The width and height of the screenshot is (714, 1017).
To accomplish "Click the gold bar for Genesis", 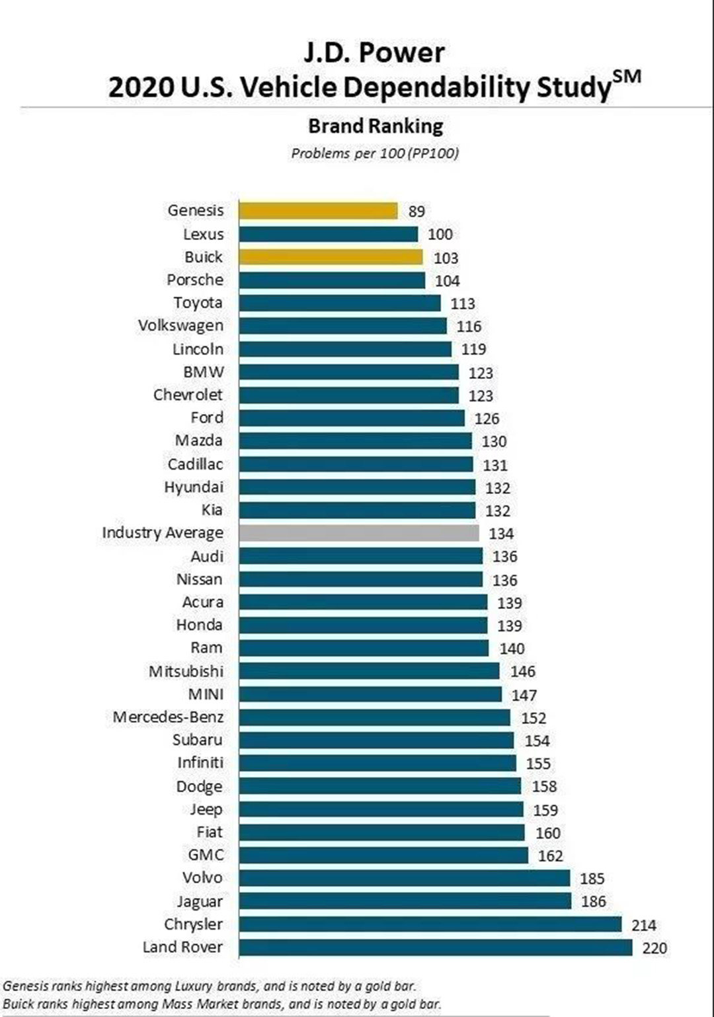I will click(x=318, y=211).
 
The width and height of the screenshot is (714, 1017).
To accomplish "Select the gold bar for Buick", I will click(x=331, y=257).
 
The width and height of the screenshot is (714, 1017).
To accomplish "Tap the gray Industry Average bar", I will click(x=359, y=533).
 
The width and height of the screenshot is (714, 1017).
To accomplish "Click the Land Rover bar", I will click(x=435, y=948).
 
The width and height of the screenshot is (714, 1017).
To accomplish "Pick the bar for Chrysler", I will click(x=430, y=924).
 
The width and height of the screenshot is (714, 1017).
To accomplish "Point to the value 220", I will click(x=654, y=948).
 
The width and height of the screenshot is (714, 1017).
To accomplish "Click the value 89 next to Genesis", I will click(x=416, y=212).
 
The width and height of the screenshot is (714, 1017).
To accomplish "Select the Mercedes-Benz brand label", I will click(x=168, y=717).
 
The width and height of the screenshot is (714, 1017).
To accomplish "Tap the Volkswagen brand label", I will click(x=180, y=326).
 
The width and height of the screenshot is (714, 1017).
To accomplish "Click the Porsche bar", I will click(x=332, y=280).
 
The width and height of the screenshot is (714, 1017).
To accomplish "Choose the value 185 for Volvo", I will click(x=592, y=879).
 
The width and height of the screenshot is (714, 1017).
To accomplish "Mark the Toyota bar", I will click(x=339, y=304).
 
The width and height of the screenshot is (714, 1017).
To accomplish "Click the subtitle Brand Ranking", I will click(x=376, y=126).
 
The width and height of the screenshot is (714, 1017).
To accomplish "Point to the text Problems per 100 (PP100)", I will click(x=375, y=153).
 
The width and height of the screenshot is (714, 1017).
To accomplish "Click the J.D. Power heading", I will click(x=374, y=53).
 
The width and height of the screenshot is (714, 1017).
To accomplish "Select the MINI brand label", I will click(x=206, y=694).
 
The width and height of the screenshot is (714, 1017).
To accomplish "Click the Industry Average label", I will click(x=163, y=533).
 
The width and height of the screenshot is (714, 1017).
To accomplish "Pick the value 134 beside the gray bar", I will click(x=501, y=534).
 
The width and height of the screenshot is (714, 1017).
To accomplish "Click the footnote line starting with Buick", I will click(x=222, y=1004).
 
